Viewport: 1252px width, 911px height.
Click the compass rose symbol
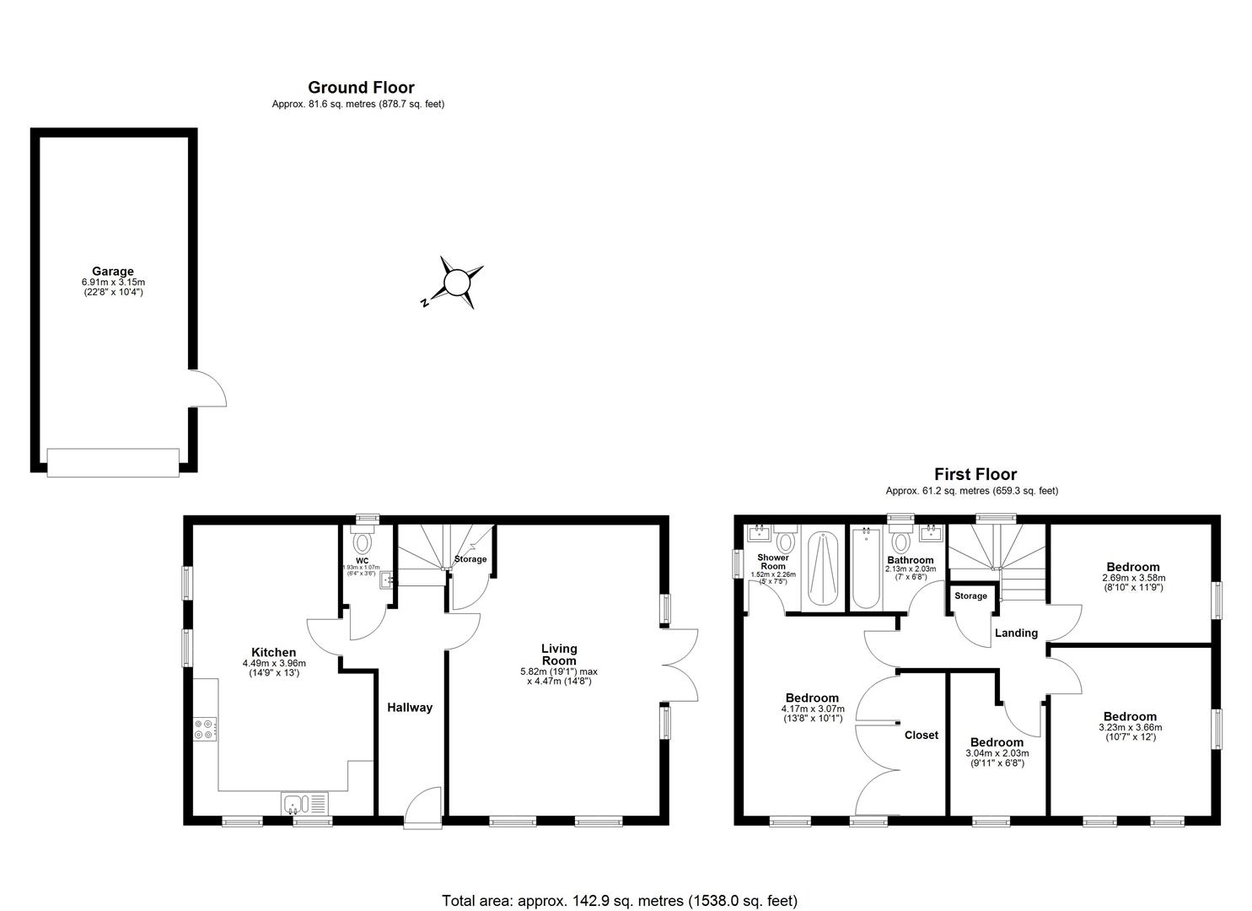click(x=455, y=282)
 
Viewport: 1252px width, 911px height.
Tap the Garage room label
click(x=112, y=272)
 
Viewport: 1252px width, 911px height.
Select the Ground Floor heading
click(x=361, y=87)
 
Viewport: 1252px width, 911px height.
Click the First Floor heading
click(x=975, y=474)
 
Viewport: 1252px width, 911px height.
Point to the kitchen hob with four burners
click(x=204, y=729)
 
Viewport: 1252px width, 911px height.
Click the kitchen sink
click(x=305, y=804)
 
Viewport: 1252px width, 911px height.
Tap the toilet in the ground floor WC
click(x=363, y=540)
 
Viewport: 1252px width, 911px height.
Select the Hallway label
click(x=409, y=708)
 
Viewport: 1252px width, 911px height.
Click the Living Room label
click(x=559, y=655)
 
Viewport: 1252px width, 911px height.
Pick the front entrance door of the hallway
click(x=422, y=807)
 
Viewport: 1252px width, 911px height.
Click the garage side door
click(x=208, y=389)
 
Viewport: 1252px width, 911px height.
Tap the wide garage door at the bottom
click(x=113, y=462)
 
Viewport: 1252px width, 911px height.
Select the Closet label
click(x=921, y=735)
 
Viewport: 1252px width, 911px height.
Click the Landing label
click(x=1016, y=633)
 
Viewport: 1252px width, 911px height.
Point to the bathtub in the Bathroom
click(x=866, y=568)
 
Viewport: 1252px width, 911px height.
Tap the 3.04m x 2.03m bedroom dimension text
click(x=997, y=753)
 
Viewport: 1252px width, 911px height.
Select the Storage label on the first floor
click(x=970, y=596)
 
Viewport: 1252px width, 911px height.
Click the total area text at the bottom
click(x=620, y=901)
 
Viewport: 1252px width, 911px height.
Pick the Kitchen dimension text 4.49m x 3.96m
click(x=273, y=663)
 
